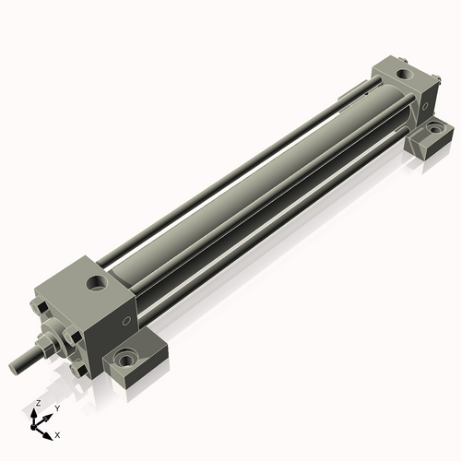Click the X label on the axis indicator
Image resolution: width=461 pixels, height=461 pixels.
pos(58,433)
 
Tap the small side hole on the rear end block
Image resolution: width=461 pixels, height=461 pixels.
pos(424,105)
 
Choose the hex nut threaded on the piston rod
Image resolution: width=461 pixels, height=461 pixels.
pos(44,349)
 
